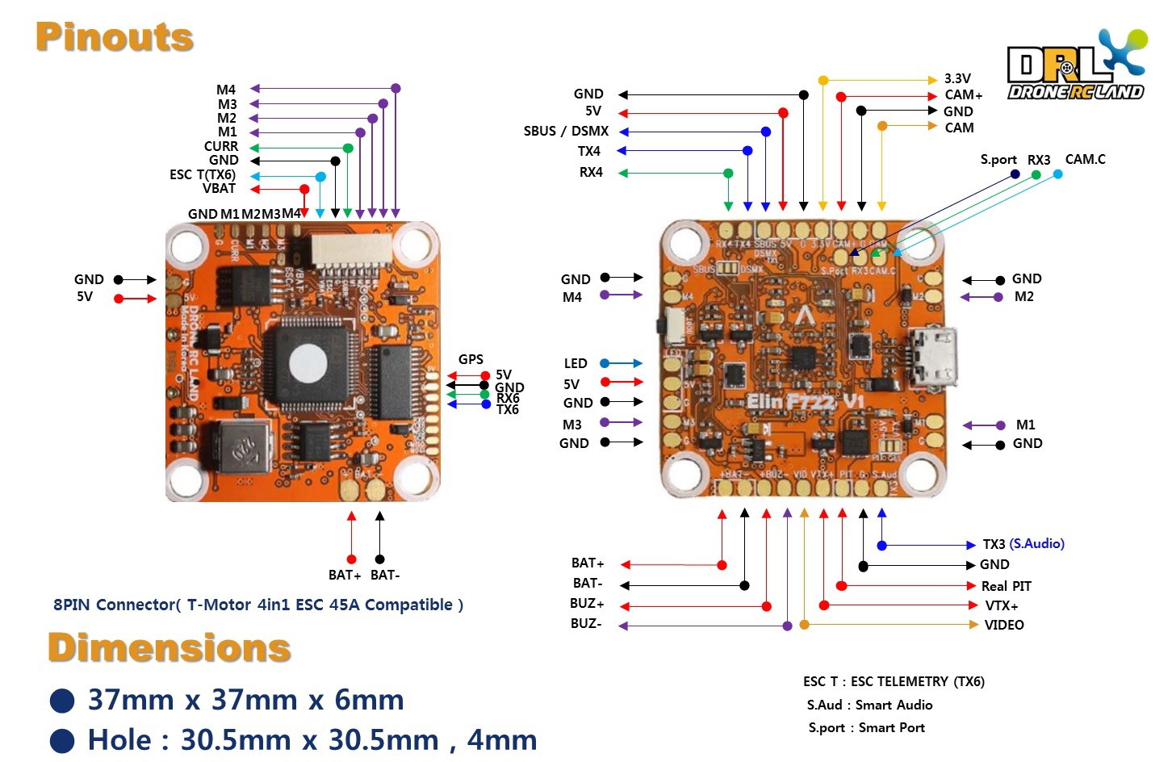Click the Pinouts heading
[115, 37]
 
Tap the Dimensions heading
[169, 647]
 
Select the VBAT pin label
[219, 189]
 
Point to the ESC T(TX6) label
[202, 174]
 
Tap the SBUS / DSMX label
[566, 131]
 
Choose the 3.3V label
[957, 78]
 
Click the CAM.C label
[1085, 159]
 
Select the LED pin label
[575, 363]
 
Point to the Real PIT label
[1006, 586]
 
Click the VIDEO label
[1003, 625]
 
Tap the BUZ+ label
[587, 604]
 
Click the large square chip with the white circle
[308, 362]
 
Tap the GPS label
[471, 359]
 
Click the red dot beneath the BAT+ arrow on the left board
[351, 559]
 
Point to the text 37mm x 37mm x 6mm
[245, 699]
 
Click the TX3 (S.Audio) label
[1023, 544]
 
